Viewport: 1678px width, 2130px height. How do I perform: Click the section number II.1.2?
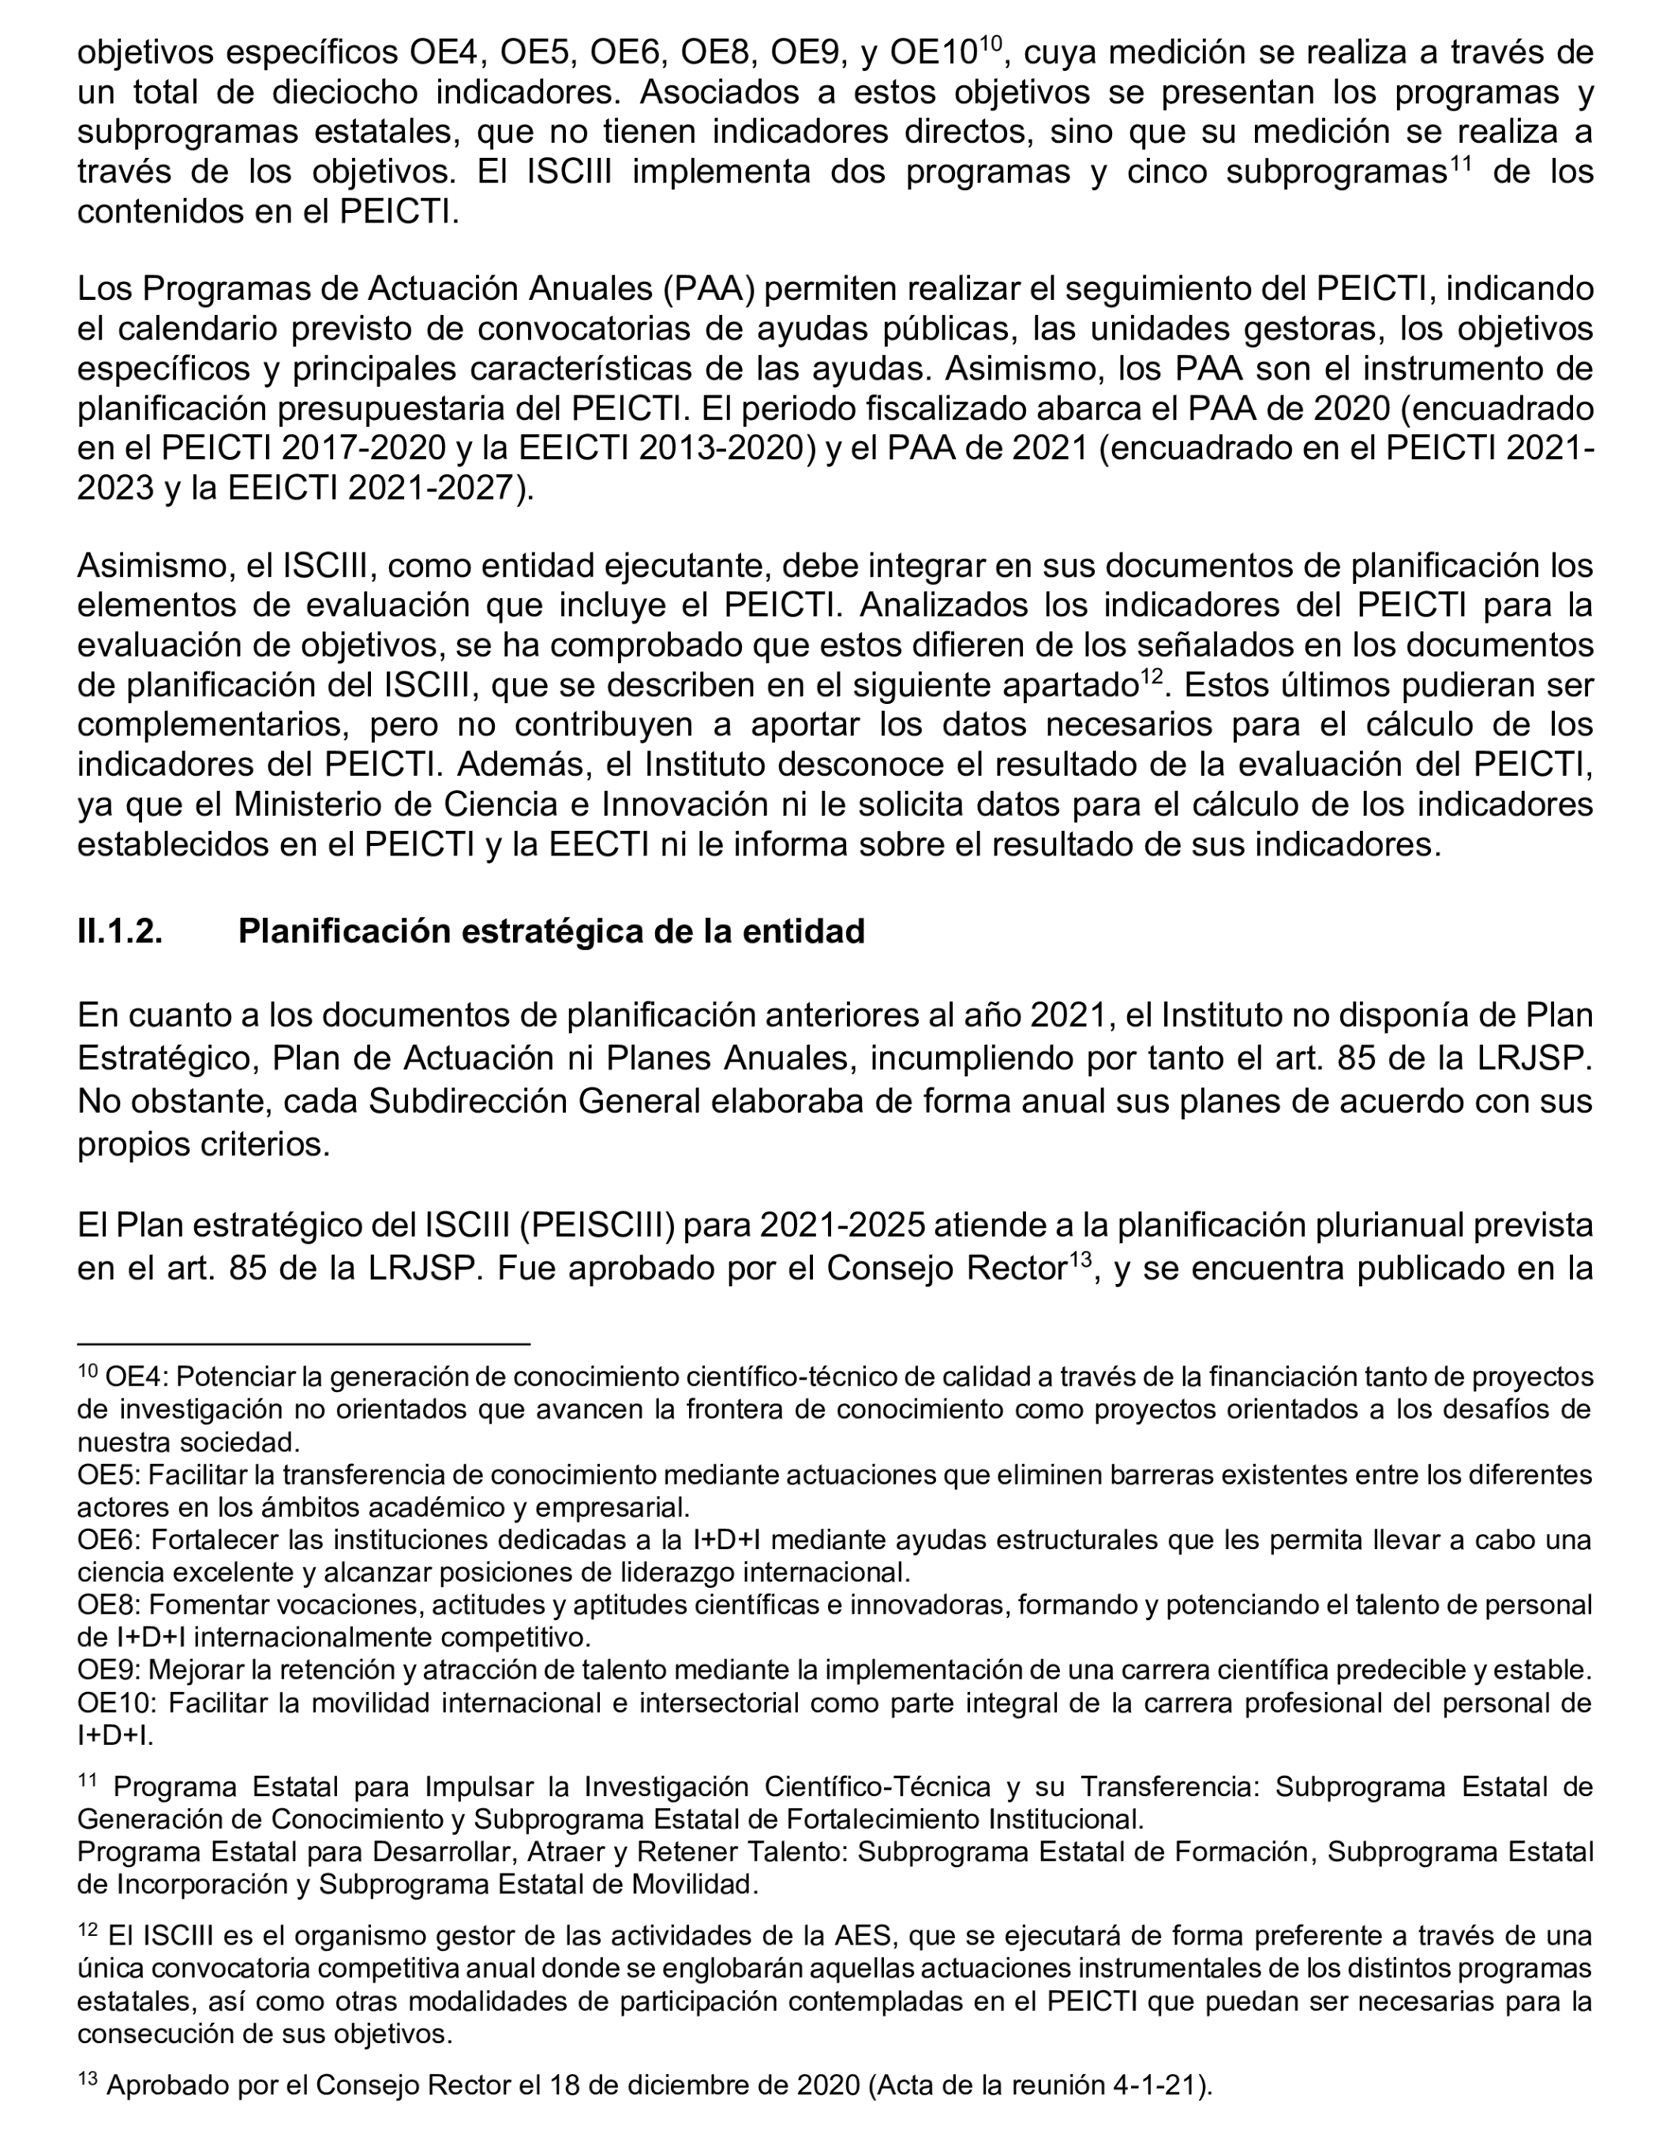(x=120, y=931)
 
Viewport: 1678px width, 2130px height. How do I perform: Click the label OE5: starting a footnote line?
(x=109, y=1475)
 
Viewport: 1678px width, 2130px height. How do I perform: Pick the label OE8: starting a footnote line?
(x=109, y=1604)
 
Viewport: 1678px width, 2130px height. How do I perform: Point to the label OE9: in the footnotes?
(x=109, y=1669)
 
